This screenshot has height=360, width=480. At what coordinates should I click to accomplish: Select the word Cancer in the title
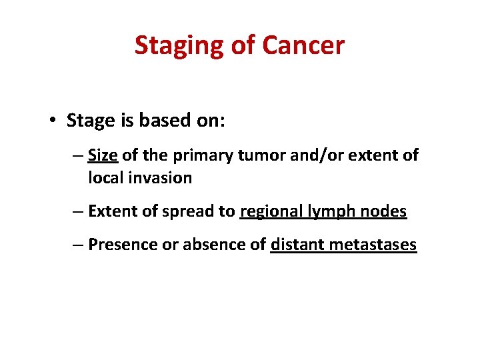[303, 45]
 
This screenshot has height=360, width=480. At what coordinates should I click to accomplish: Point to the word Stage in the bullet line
[90, 121]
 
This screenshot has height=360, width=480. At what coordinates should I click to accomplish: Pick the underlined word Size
[103, 155]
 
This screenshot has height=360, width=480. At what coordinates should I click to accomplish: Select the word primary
[196, 156]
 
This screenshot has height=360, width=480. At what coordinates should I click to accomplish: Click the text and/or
[305, 156]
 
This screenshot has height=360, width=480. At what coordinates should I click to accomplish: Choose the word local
[103, 178]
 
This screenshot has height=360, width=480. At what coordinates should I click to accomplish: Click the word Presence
[121, 245]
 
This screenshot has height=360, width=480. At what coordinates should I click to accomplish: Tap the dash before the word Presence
[77, 245]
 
